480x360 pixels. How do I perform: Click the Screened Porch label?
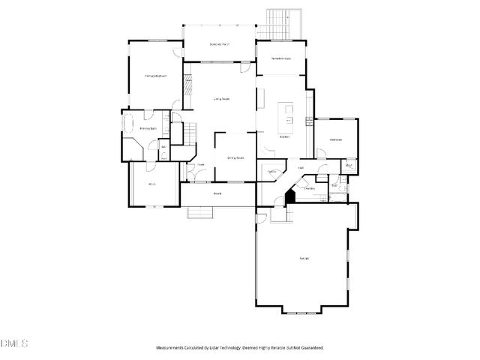click(x=218, y=44)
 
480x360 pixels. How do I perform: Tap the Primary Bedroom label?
click(x=155, y=76)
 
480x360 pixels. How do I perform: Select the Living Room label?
click(x=221, y=98)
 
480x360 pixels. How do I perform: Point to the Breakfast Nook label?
click(x=281, y=58)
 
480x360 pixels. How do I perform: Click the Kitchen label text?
click(x=285, y=137)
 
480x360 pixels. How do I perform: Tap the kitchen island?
click(x=286, y=115)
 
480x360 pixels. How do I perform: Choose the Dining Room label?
click(x=236, y=157)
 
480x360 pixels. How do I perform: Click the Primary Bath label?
click(x=148, y=129)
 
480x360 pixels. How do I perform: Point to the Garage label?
click(x=304, y=258)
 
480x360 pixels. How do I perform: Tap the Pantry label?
click(x=271, y=172)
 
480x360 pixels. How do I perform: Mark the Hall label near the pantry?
click(x=301, y=168)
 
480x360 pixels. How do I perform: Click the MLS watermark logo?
click(x=14, y=343)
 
